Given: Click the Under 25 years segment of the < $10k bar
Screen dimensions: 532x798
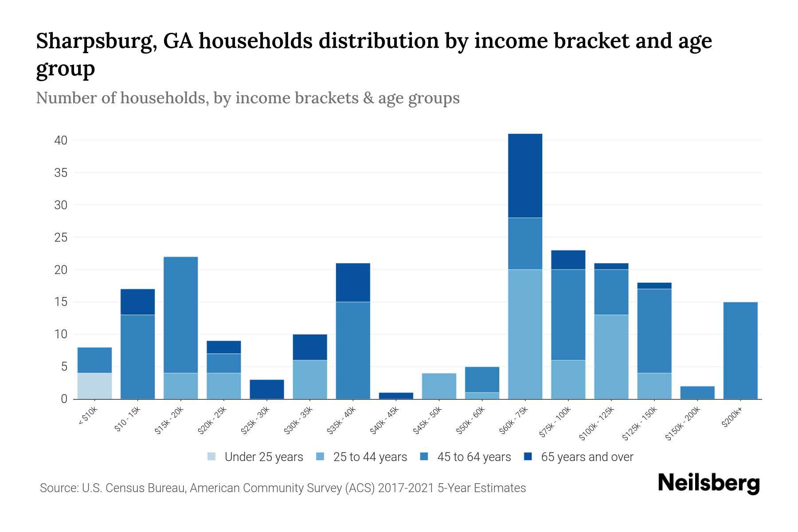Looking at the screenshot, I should (94, 386).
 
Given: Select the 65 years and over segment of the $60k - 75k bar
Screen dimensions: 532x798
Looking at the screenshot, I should (525, 176).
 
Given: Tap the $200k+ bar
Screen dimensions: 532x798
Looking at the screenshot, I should (740, 350).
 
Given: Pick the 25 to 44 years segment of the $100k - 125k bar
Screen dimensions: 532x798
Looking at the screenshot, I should (611, 357).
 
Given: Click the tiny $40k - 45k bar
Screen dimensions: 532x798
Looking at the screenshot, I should (396, 395).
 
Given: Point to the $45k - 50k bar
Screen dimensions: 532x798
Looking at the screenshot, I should (439, 386).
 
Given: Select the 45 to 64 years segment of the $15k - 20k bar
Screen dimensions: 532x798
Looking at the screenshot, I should (180, 315).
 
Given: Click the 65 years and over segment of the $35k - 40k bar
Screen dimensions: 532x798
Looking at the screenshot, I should (353, 282).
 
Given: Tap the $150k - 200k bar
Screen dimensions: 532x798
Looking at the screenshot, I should (697, 392).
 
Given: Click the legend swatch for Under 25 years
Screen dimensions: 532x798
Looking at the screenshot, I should (212, 457).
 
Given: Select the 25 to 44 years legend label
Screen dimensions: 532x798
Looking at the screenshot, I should (370, 457).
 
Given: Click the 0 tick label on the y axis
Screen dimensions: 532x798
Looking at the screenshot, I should (64, 399).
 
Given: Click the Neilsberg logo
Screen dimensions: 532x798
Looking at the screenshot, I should (708, 484).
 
